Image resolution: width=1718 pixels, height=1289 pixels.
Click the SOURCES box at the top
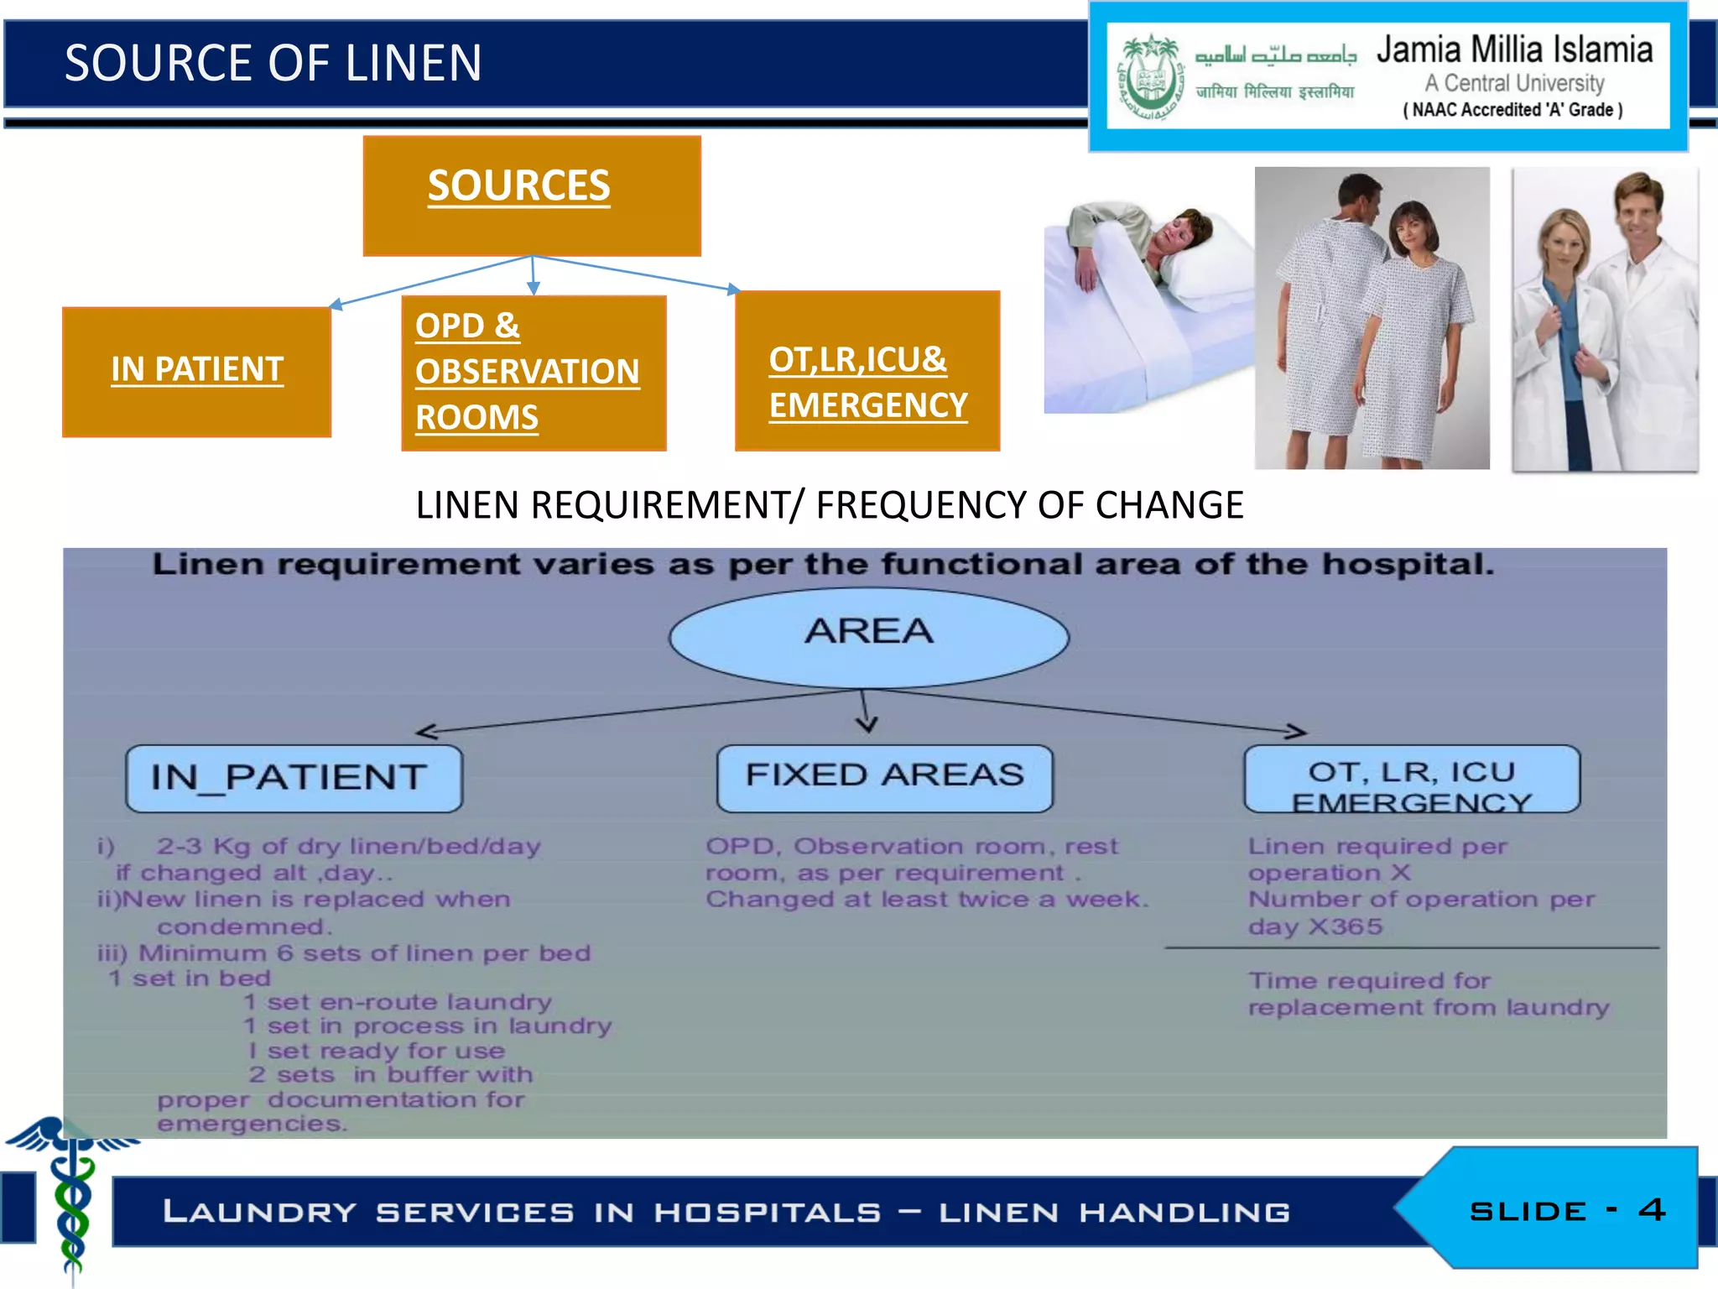coord(531,195)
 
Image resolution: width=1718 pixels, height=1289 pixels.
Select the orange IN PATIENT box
coord(196,371)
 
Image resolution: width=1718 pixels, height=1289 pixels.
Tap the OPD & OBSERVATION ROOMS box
coord(533,373)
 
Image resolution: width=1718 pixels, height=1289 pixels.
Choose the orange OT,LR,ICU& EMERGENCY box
coord(867,372)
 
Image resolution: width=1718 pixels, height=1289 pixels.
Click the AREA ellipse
coord(868,636)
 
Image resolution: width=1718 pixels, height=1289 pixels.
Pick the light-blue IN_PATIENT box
coord(293,778)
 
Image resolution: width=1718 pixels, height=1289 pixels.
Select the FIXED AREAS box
coord(884,776)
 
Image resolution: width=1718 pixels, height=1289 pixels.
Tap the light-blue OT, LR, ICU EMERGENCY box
coord(1411,778)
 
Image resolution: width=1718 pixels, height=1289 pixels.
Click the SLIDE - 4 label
coord(1565,1210)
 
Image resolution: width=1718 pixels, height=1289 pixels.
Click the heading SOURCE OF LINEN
coord(273,64)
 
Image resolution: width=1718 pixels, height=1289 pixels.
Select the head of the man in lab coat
coord(1637,206)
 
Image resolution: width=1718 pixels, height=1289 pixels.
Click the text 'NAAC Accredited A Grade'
coord(1512,110)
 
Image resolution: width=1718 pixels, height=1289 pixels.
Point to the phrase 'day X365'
coord(1314,926)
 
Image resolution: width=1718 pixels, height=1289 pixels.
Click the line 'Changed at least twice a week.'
coord(926,900)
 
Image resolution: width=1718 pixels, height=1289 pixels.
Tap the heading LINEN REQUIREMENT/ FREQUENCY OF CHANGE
coord(829,505)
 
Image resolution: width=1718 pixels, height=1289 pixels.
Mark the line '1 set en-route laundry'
coord(397,1002)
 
